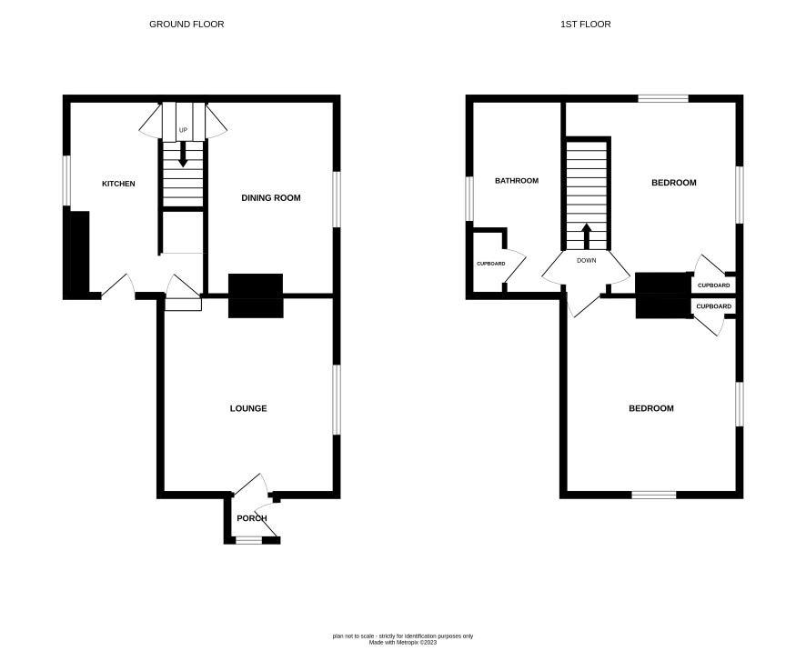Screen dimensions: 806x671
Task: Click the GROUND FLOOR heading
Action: [186, 25]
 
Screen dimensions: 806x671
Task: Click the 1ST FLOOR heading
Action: [586, 25]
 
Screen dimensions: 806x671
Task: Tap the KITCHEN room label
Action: [118, 184]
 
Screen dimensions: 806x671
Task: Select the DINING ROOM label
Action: [271, 198]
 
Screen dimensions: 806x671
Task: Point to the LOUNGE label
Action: [248, 408]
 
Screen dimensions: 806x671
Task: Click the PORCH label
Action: [252, 518]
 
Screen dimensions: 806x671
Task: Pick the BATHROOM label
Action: [517, 181]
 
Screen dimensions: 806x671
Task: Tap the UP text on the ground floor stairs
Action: [183, 131]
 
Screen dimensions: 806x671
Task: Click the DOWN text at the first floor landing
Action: [587, 260]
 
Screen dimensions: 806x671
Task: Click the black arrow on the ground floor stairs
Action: [183, 155]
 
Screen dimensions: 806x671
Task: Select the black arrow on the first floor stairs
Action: [587, 235]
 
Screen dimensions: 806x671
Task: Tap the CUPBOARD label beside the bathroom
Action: [491, 264]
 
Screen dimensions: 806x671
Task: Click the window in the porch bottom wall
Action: [248, 540]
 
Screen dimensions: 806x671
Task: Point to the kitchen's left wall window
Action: [66, 180]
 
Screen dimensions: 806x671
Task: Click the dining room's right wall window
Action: [337, 199]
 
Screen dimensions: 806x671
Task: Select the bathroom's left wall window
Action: [469, 199]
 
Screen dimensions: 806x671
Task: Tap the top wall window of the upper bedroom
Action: [663, 98]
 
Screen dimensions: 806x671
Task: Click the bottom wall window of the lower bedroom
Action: [654, 495]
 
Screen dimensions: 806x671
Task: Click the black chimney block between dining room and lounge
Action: [256, 295]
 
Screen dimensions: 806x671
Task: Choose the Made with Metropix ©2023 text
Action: [403, 642]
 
